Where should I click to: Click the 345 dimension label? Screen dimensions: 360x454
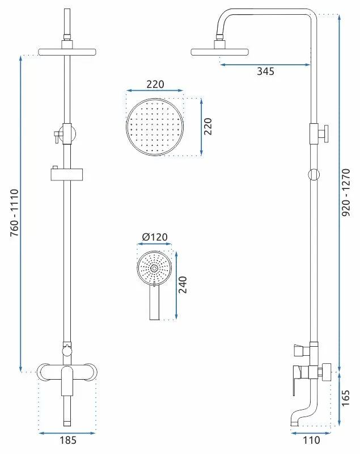pyautogui.click(x=265, y=72)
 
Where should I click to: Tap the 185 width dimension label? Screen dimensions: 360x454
pyautogui.click(x=68, y=440)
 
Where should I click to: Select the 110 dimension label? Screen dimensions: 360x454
pyautogui.click(x=311, y=440)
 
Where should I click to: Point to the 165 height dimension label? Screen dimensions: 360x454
pyautogui.click(x=345, y=398)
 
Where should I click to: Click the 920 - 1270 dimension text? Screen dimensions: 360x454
pyautogui.click(x=346, y=192)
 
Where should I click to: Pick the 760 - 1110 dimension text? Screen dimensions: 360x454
pyautogui.click(x=15, y=213)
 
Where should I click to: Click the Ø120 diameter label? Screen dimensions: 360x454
pyautogui.click(x=155, y=237)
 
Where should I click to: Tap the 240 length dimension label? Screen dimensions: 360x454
pyautogui.click(x=183, y=285)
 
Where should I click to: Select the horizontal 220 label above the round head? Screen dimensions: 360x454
pyautogui.click(x=155, y=84)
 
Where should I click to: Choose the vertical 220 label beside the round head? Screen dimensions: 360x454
pyautogui.click(x=207, y=126)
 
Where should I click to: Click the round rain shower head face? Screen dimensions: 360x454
pyautogui.click(x=155, y=127)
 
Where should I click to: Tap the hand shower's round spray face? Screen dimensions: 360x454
pyautogui.click(x=154, y=268)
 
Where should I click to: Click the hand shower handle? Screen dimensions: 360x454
pyautogui.click(x=154, y=302)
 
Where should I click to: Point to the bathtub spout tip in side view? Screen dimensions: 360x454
pyautogui.click(x=294, y=424)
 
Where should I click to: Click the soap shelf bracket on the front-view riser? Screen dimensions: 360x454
pyautogui.click(x=67, y=174)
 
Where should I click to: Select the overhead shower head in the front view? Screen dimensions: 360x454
pyautogui.click(x=67, y=52)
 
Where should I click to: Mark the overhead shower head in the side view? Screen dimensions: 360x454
pyautogui.click(x=220, y=52)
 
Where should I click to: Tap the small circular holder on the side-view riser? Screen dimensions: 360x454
pyautogui.click(x=314, y=175)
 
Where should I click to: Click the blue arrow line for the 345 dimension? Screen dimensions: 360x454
pyautogui.click(x=265, y=65)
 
